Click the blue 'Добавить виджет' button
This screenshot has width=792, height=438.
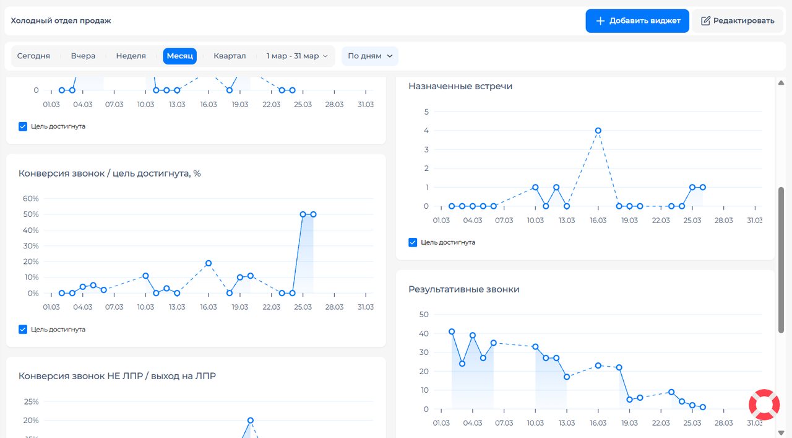[637, 21]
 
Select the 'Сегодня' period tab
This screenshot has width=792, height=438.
[33, 56]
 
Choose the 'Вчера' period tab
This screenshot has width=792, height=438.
[83, 56]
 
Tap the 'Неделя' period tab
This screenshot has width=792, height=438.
[131, 56]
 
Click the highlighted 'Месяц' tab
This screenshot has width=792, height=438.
[179, 56]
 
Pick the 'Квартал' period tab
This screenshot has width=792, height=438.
[230, 56]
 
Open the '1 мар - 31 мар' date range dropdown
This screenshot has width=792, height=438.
[297, 56]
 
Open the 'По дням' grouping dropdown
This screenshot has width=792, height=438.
[370, 56]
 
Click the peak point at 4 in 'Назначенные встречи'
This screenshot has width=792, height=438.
[598, 131]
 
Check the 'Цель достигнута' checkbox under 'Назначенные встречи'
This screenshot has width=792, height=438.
[413, 243]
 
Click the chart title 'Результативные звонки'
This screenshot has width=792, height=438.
[464, 289]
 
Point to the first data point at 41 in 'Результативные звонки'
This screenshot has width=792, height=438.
[452, 332]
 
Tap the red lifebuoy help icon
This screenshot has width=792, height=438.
[764, 405]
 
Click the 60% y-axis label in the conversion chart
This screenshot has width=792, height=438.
[31, 199]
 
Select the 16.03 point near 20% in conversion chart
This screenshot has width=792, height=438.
[209, 263]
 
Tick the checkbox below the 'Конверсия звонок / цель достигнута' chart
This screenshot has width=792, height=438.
[23, 330]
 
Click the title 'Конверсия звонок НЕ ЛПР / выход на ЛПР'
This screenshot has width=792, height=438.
[117, 375]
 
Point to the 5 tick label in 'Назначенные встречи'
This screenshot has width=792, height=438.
[426, 112]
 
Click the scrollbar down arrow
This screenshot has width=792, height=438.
[781, 432]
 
